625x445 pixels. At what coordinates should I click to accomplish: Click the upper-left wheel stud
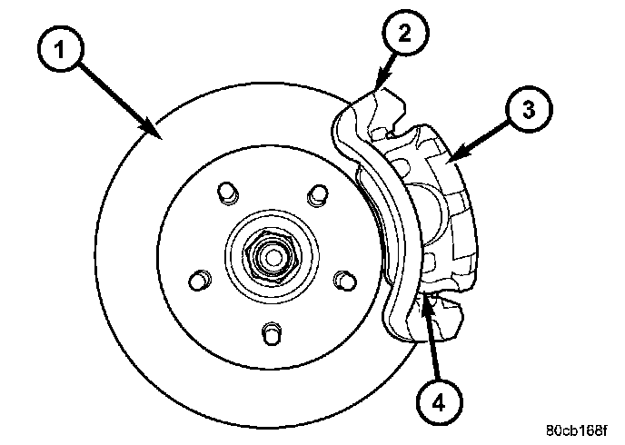click(x=227, y=193)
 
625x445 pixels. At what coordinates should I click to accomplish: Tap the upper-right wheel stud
click(x=317, y=193)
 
